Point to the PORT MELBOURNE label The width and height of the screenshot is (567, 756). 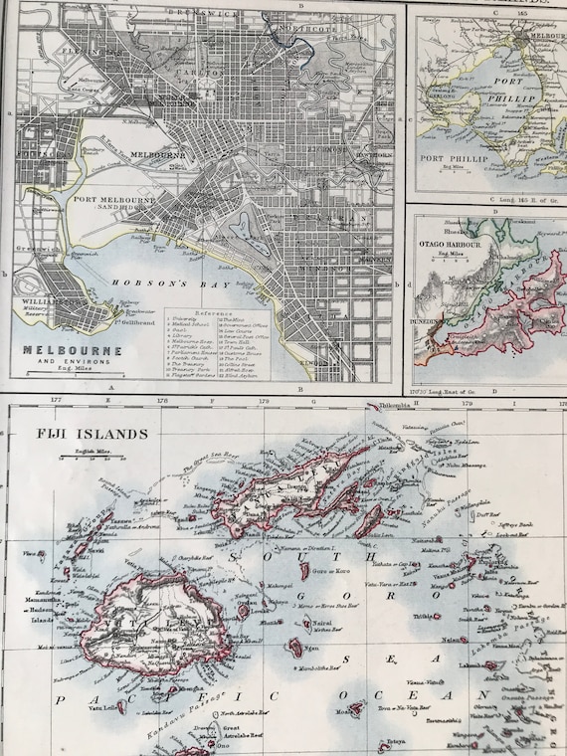click(114, 200)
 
